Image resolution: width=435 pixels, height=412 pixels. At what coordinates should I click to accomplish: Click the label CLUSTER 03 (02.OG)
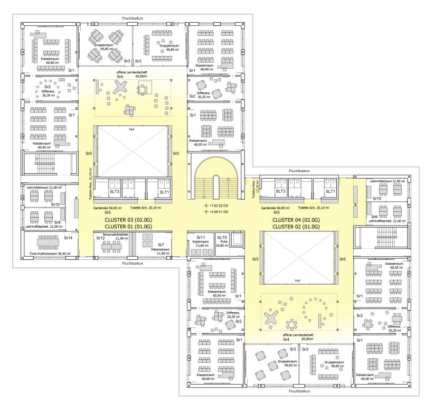point(128,220)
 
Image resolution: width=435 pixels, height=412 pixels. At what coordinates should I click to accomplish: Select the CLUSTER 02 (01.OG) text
point(296,227)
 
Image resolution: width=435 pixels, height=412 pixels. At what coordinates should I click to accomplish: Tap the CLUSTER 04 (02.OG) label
point(296,220)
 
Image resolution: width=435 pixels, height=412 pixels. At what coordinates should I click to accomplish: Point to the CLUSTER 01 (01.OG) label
point(128,227)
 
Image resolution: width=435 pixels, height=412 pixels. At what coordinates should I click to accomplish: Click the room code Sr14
point(68,238)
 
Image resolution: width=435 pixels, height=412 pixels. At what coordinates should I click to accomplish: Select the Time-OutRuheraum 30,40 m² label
point(50,254)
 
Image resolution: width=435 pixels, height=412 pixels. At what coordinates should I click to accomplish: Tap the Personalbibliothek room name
point(116,235)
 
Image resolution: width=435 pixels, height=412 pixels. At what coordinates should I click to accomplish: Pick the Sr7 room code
point(161,245)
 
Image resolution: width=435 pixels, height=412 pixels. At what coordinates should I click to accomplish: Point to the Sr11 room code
point(201,237)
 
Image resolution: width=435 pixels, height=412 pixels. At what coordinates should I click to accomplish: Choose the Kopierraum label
point(200,241)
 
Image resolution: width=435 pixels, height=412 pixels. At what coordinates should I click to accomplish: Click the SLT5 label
point(222,237)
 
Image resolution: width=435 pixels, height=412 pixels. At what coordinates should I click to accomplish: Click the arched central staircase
point(216,178)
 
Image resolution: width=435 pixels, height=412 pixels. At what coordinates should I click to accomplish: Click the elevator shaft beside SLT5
point(237,239)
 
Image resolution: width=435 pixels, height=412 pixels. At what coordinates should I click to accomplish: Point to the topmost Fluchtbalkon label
point(133,18)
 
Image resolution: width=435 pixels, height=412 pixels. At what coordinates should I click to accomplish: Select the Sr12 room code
point(100,238)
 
